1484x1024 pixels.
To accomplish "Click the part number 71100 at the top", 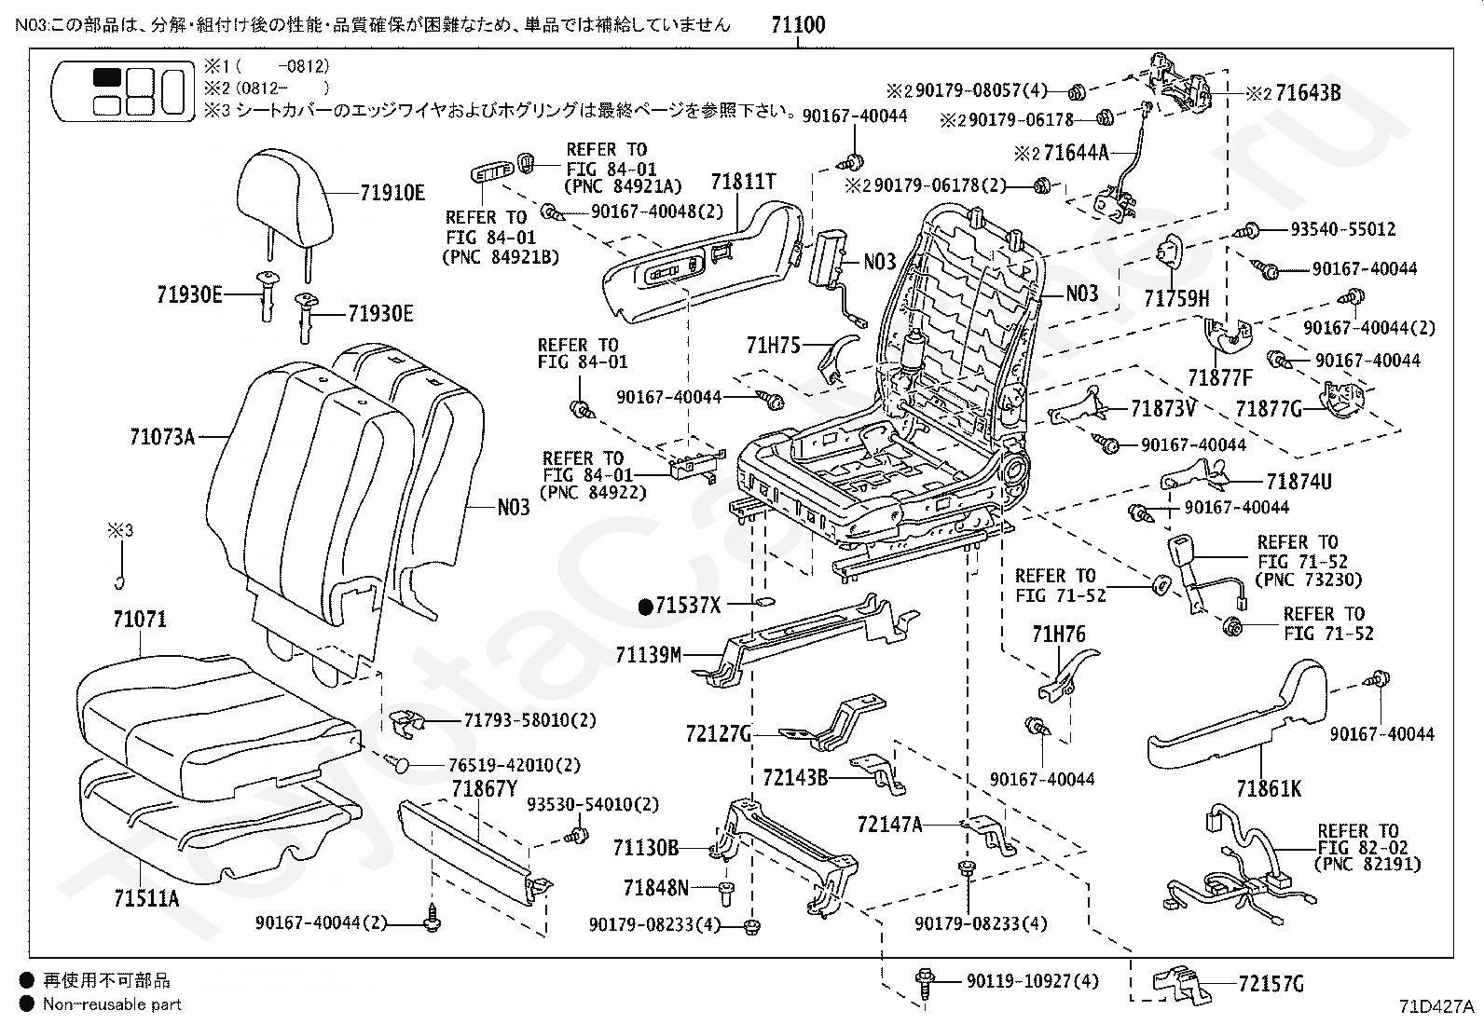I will point(798,25).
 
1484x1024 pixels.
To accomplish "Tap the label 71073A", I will point(162,435).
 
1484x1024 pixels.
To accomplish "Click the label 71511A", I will point(146,898).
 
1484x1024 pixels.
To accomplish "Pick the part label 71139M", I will point(649,655).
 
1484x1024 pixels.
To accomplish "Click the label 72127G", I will point(719,734).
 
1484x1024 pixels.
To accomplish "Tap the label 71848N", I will point(655,888).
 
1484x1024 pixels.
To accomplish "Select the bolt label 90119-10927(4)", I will point(1032,981).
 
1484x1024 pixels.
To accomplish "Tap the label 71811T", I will point(743,182).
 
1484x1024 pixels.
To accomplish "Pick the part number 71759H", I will point(1176,298).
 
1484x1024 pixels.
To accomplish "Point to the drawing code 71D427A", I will point(1436,1006).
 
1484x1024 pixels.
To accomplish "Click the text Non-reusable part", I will point(111,1004).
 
